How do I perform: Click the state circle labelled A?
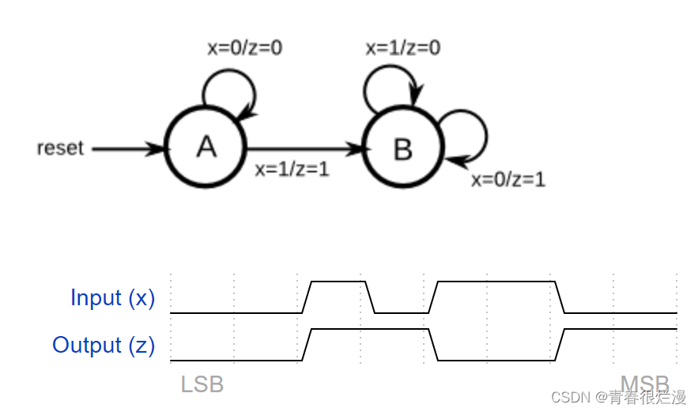[206, 148]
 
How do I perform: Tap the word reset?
[60, 148]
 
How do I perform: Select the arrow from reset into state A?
[126, 148]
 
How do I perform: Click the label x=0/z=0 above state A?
[244, 48]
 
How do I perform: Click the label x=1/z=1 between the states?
[292, 168]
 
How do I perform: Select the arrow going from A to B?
[304, 148]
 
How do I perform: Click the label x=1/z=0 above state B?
[403, 48]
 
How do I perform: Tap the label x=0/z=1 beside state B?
[507, 180]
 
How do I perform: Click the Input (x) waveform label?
[112, 298]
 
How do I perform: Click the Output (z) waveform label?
[104, 346]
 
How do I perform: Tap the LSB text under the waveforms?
[202, 384]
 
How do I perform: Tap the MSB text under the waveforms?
[644, 384]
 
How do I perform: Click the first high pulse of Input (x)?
[338, 282]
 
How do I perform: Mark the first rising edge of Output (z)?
[307, 345]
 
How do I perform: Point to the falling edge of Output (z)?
[433, 345]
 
